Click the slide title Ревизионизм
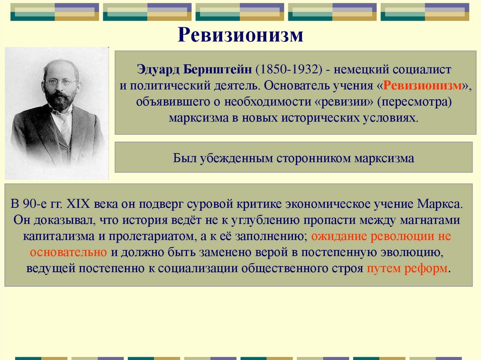240,35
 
